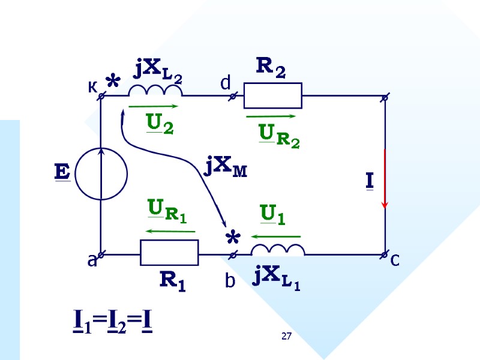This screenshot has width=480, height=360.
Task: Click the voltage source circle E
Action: (x=101, y=173)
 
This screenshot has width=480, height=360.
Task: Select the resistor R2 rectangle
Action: (x=272, y=96)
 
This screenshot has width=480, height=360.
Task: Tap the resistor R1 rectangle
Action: (x=169, y=253)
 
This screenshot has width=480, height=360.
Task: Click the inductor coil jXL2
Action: (x=155, y=91)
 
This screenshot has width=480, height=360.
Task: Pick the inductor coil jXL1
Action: (x=277, y=250)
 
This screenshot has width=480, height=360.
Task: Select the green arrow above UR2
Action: (x=271, y=116)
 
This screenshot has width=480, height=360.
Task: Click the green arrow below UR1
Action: (x=170, y=231)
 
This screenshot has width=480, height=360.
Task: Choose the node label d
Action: (x=226, y=85)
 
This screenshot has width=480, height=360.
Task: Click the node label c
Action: (x=395, y=260)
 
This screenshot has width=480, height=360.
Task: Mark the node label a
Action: (x=92, y=262)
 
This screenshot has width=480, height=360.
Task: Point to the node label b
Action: (x=230, y=281)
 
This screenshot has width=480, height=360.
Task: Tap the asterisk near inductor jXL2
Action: (x=112, y=82)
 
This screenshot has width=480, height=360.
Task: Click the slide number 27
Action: (x=287, y=337)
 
